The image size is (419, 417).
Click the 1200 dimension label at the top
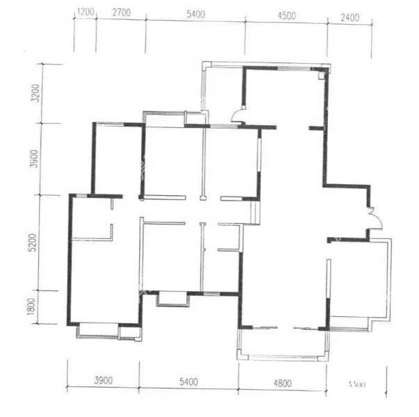tap(85, 13)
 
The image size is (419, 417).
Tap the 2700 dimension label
tap(121, 13)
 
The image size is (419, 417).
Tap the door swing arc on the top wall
tap(238, 115)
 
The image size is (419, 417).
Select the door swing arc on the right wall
tap(373, 219)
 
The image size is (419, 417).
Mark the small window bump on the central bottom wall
tap(173, 300)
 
